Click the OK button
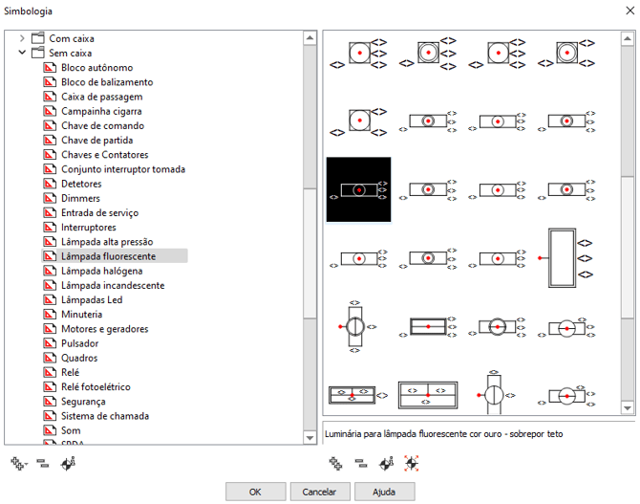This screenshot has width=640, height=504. tap(255, 492)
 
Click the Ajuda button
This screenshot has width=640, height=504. tap(384, 492)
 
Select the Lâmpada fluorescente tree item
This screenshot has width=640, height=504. tap(108, 256)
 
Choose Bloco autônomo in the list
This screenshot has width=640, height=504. tap(96, 68)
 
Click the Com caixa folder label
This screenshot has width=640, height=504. tap(72, 39)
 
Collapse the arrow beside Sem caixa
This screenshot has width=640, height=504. tap(22, 54)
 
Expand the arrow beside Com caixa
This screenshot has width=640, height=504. tap(22, 39)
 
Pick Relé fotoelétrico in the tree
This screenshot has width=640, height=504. tap(96, 387)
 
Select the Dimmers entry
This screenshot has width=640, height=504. tap(80, 198)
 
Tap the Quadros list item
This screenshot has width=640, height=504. tap(79, 359)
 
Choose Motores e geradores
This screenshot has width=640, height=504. tap(104, 329)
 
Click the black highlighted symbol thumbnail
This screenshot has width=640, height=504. tap(358, 189)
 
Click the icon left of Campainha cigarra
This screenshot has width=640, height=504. tap(51, 112)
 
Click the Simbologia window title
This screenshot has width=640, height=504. tap(29, 11)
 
